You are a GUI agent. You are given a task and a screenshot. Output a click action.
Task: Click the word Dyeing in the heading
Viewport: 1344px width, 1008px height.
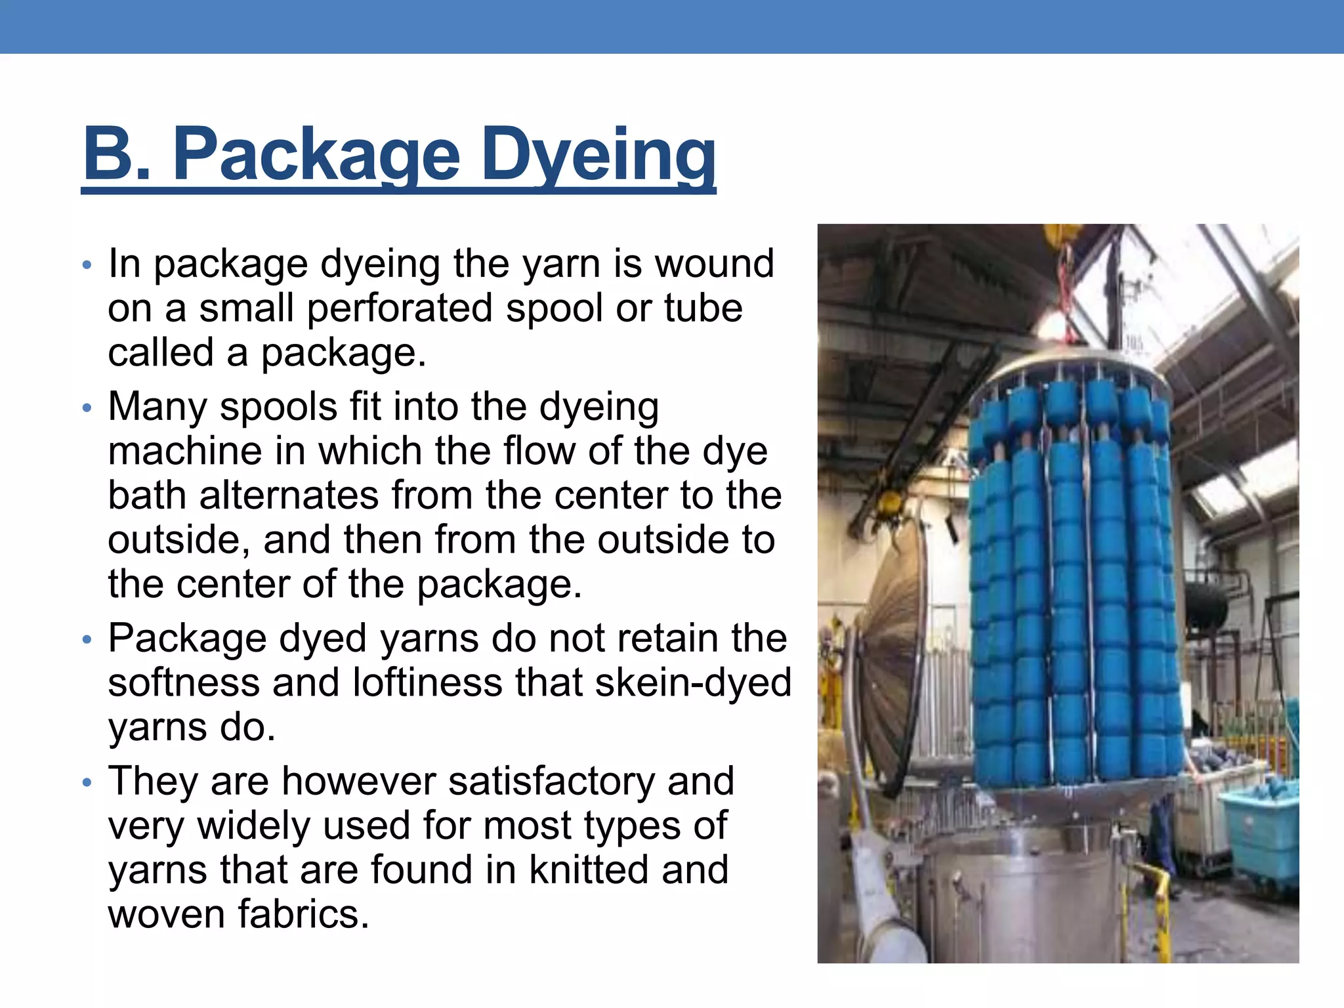point(598,156)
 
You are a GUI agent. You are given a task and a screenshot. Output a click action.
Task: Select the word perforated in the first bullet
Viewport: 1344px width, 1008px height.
point(399,308)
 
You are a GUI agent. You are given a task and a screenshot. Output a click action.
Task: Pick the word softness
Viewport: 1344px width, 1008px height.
point(184,682)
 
